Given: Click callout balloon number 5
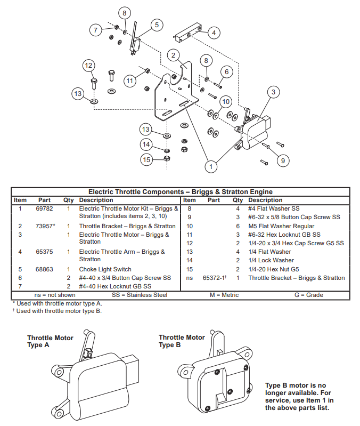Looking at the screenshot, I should point(156,25).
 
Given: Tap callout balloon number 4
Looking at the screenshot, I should point(214,33).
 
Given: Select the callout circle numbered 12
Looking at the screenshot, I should point(89,66).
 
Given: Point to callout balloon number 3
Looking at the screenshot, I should point(273,92).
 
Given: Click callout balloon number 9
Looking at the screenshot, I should point(283,159).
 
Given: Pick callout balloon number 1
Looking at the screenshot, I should point(211,166).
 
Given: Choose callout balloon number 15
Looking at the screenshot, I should point(147,159).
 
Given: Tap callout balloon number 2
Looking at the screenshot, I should point(173,54).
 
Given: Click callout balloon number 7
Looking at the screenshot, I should point(96,30).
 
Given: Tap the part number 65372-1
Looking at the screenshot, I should point(215,278).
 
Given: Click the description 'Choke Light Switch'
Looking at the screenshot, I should point(105,269).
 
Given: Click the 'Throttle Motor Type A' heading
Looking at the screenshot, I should point(50,341).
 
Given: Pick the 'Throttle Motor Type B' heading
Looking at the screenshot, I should point(182,341).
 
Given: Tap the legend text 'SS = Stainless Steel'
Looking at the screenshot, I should point(140,295).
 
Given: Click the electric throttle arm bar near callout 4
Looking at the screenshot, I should point(187,33).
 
